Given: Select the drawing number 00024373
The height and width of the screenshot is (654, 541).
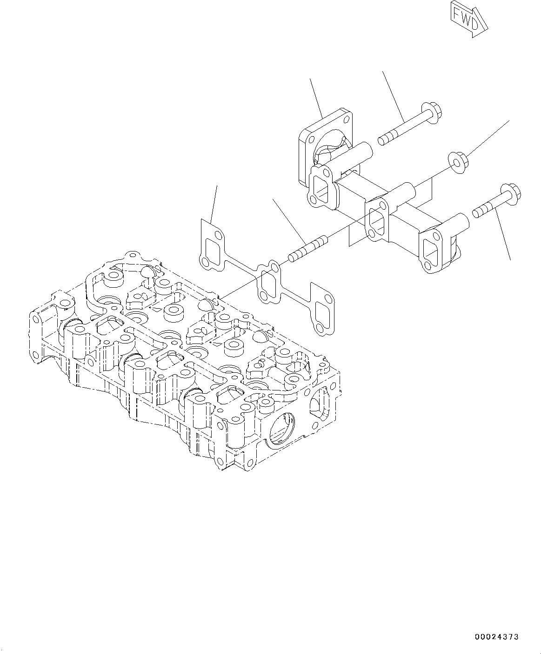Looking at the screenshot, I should point(496,637).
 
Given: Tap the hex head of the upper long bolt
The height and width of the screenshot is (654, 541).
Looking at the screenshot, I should point(433,112).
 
